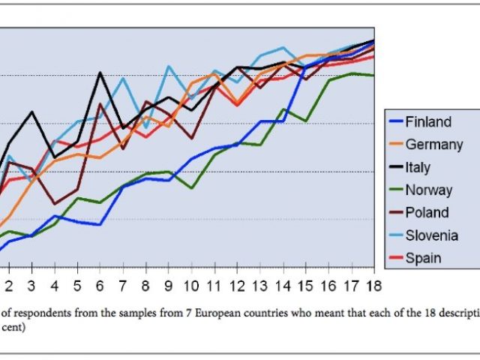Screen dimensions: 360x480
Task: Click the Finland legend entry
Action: pyautogui.click(x=427, y=122)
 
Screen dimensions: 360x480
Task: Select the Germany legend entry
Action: pyautogui.click(x=433, y=145)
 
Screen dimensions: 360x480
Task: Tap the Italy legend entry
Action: pyautogui.click(x=418, y=167)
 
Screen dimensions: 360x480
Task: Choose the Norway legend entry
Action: pyautogui.click(x=428, y=190)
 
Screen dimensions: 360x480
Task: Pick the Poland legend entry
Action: pyautogui.click(x=427, y=212)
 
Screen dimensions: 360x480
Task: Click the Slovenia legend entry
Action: pyautogui.click(x=431, y=235)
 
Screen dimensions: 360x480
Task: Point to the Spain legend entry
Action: pyautogui.click(x=423, y=258)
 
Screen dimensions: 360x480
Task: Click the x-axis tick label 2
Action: pyautogui.click(x=9, y=286)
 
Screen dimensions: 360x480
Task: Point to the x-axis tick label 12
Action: pyautogui.click(x=236, y=286)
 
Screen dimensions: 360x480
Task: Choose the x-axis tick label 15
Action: pyautogui.click(x=305, y=286)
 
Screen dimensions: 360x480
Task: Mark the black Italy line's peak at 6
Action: pyautogui.click(x=100, y=73)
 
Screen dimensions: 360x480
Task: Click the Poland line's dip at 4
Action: pyautogui.click(x=54, y=203)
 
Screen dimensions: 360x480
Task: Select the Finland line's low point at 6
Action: pyautogui.click(x=100, y=224)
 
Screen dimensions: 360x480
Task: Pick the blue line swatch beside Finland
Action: pyautogui.click(x=394, y=122)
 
